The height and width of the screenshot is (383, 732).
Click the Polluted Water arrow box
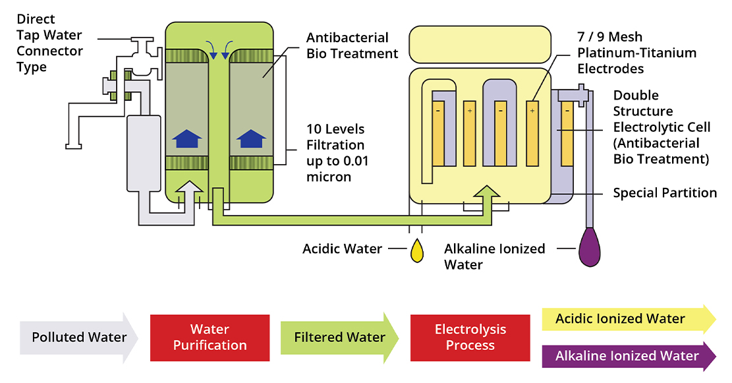tap(78, 338)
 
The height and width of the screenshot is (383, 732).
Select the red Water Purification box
tap(210, 338)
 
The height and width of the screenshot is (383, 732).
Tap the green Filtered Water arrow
tap(339, 338)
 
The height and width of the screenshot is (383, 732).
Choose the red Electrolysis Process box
tap(470, 338)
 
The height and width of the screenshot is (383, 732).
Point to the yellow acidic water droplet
tap(416, 251)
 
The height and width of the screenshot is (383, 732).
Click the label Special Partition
tap(664, 193)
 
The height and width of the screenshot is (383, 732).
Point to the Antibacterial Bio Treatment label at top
tap(352, 45)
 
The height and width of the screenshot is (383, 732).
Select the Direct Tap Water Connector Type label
tap(49, 44)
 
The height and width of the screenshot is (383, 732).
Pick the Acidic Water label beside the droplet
tap(342, 249)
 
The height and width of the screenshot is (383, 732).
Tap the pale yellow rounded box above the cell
tap(480, 45)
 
